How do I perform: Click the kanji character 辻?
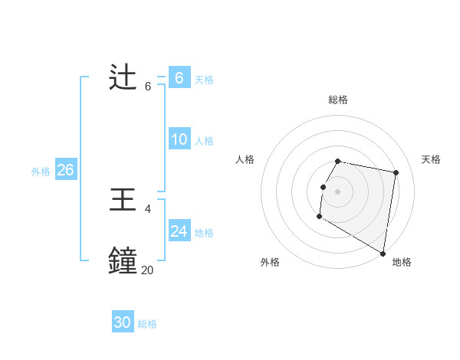pos(123,77)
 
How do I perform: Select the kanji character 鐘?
pos(123,261)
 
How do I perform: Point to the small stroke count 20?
pos(147,270)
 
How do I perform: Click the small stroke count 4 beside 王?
pos(148,208)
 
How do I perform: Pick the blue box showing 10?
pos(179,139)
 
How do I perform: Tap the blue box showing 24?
pos(179,231)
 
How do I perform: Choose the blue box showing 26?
pos(65,170)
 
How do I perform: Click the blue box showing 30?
pos(123,322)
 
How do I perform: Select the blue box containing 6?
pos(179,78)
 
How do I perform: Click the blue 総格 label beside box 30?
pos(147,324)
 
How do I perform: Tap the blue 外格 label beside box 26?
pos(41,172)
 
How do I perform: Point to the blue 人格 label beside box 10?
pos(204,141)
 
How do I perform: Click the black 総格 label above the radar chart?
pos(338,100)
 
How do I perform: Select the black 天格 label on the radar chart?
pos(431,159)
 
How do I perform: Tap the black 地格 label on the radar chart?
pos(402,263)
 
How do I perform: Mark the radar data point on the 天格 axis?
pos(396,172)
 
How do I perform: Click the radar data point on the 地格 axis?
pos(383,253)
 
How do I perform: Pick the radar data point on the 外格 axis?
pos(319,217)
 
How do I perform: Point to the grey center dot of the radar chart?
pos(338,191)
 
